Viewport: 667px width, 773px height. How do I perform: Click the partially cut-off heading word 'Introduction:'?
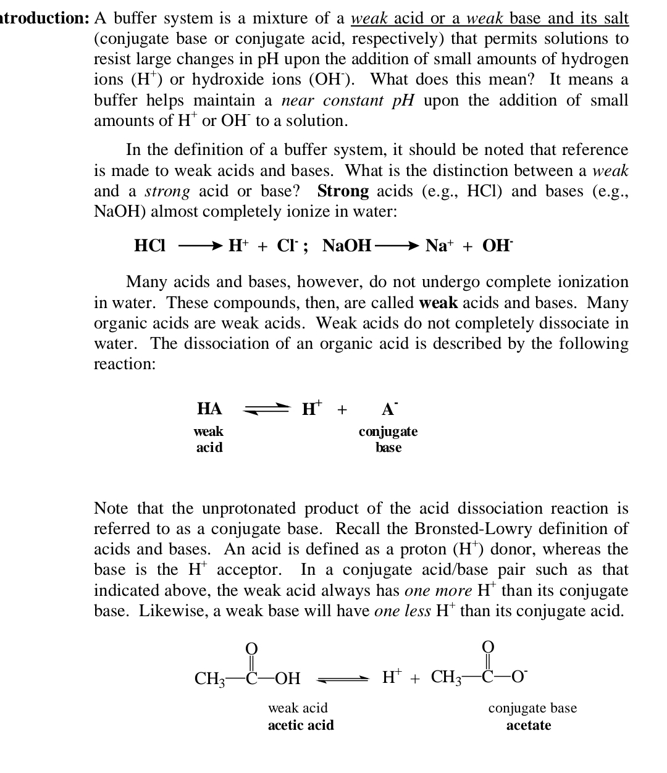click(x=44, y=19)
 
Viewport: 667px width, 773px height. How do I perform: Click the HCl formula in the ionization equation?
click(x=149, y=246)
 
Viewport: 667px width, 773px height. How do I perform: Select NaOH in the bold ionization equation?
click(x=347, y=246)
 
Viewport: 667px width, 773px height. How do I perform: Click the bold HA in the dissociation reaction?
click(x=209, y=409)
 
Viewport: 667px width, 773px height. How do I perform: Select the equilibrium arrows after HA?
click(x=267, y=409)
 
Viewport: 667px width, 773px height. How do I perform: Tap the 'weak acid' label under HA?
click(x=209, y=439)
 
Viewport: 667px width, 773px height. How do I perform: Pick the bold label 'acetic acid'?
click(x=301, y=725)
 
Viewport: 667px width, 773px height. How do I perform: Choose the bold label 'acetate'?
click(x=529, y=725)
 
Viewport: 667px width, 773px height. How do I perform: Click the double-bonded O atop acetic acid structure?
click(x=251, y=648)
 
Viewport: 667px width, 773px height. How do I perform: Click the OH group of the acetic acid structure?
click(x=287, y=679)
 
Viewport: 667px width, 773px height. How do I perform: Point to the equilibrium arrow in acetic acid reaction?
click(x=343, y=679)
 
